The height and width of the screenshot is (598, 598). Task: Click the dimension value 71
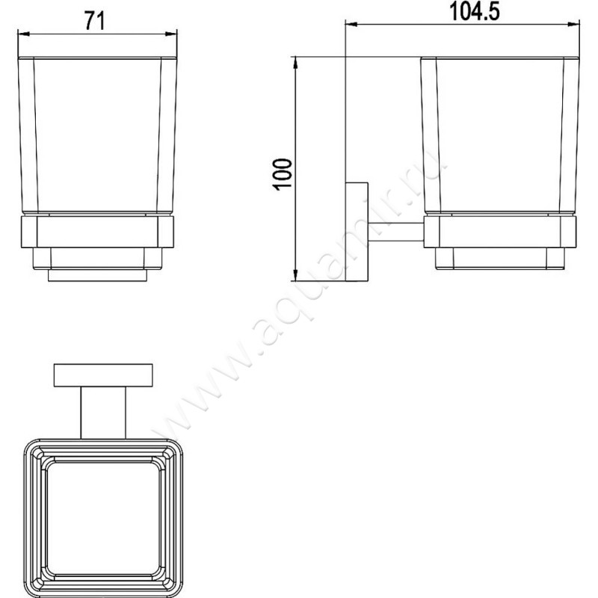point(95,21)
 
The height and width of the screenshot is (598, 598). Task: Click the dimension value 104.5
point(475,11)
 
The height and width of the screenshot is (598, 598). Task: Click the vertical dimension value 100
point(283,174)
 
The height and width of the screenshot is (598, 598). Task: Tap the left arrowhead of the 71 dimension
point(24,34)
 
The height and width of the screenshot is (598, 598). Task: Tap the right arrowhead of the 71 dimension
point(171,34)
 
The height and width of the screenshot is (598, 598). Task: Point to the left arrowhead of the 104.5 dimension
point(351,25)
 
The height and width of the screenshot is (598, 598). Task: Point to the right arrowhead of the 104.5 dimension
point(573,25)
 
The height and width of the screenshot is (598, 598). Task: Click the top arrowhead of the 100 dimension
point(295,63)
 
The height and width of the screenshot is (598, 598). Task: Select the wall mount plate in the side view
point(357,232)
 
